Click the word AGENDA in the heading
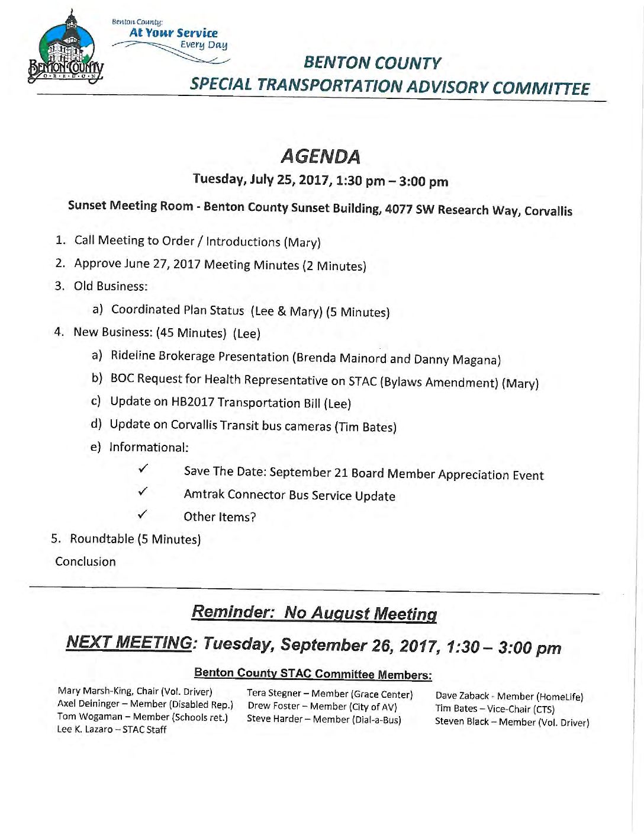pos(320,156)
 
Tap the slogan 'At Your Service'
pos(173,33)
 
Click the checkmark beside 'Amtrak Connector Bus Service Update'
pos(143,492)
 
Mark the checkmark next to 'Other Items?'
pos(142,514)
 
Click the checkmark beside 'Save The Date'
pos(143,469)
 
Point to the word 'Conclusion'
pos(85,561)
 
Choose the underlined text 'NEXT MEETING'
pos(129,642)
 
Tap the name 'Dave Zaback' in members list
pos(462,696)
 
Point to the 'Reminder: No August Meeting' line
pos(314,612)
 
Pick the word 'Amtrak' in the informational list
pos(204,494)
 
